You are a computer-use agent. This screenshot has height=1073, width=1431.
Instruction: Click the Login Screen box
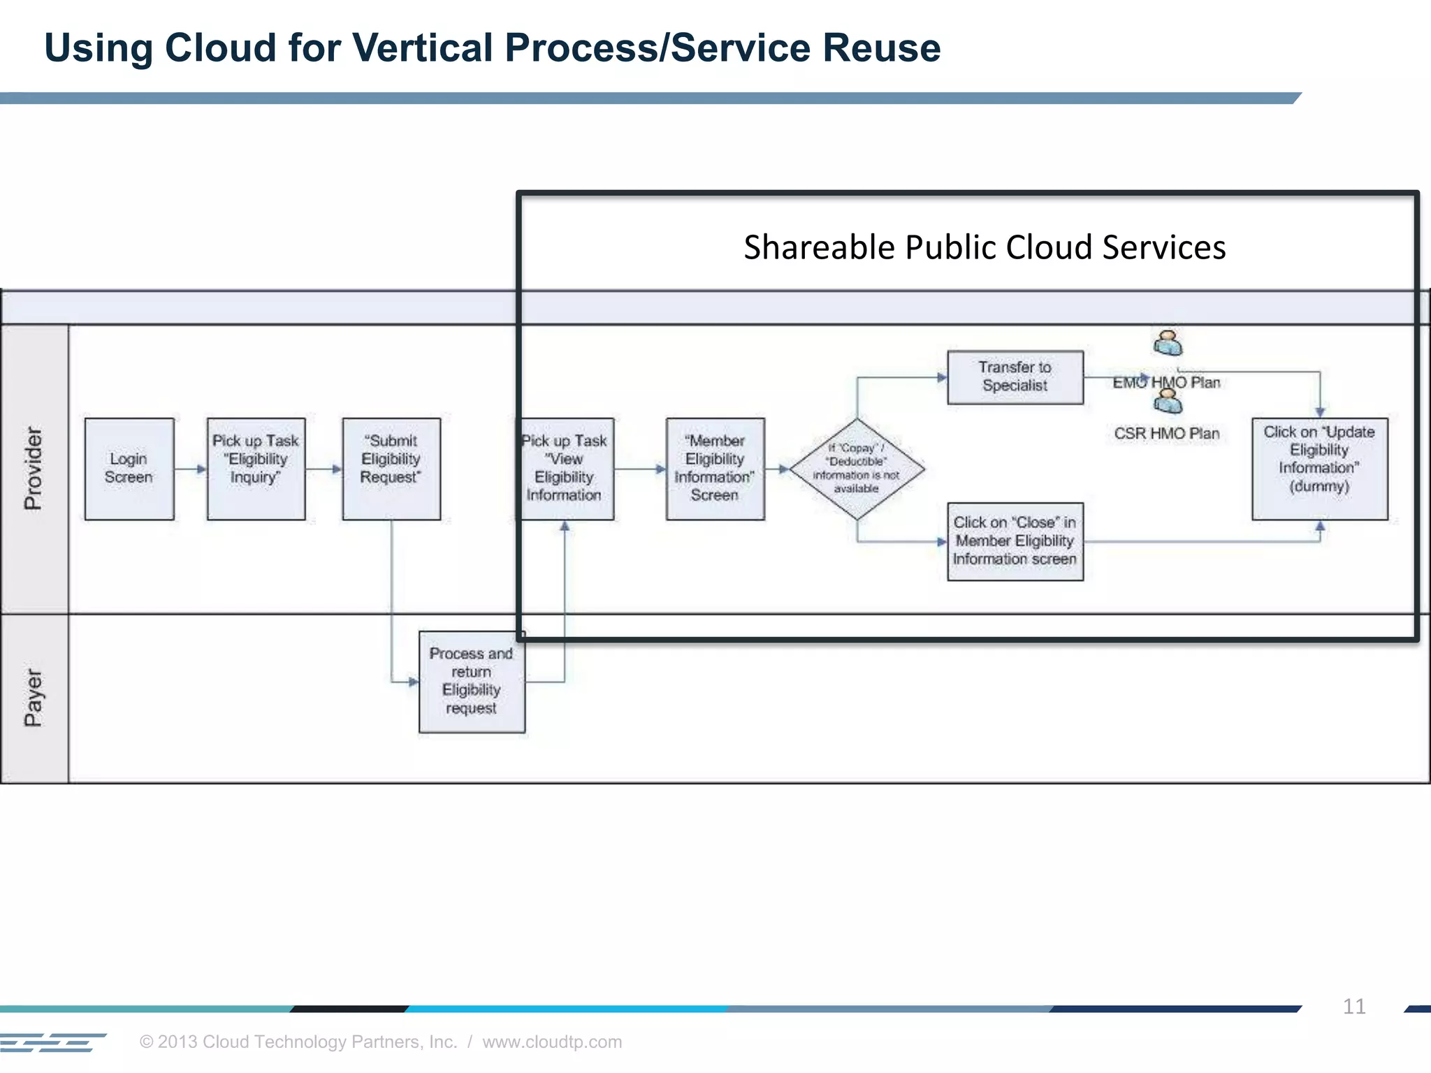click(x=129, y=469)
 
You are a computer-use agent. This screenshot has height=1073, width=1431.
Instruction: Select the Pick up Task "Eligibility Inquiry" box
click(x=256, y=469)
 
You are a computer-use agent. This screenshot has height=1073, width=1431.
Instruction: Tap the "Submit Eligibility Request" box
click(x=391, y=469)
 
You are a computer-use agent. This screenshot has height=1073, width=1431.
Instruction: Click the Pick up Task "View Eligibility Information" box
click(x=565, y=469)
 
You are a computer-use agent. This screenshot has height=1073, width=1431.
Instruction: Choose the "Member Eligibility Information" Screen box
click(x=715, y=469)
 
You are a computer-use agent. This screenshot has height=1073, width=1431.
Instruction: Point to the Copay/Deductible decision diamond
click(x=857, y=469)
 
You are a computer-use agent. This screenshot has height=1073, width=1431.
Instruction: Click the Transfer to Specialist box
click(x=1015, y=377)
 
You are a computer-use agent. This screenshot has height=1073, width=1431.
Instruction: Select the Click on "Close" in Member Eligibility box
click(x=1015, y=541)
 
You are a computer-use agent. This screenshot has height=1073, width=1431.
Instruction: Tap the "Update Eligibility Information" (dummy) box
click(x=1319, y=469)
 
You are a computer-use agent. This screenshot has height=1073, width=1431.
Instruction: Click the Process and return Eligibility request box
click(x=472, y=682)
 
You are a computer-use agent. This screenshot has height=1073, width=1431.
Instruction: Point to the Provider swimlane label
click(x=34, y=469)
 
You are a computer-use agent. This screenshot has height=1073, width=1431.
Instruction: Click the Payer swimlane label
click(x=34, y=698)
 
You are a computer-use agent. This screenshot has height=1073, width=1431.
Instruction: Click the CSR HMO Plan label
click(x=1167, y=434)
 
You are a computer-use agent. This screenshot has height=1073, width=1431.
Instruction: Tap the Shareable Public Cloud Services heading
click(x=984, y=248)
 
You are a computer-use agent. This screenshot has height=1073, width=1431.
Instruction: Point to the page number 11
click(x=1353, y=1007)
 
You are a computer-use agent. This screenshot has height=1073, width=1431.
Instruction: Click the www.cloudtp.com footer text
click(x=552, y=1042)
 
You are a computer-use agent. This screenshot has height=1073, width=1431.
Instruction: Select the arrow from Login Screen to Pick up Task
click(x=191, y=469)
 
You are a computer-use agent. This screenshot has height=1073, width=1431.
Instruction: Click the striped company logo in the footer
click(x=52, y=1042)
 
